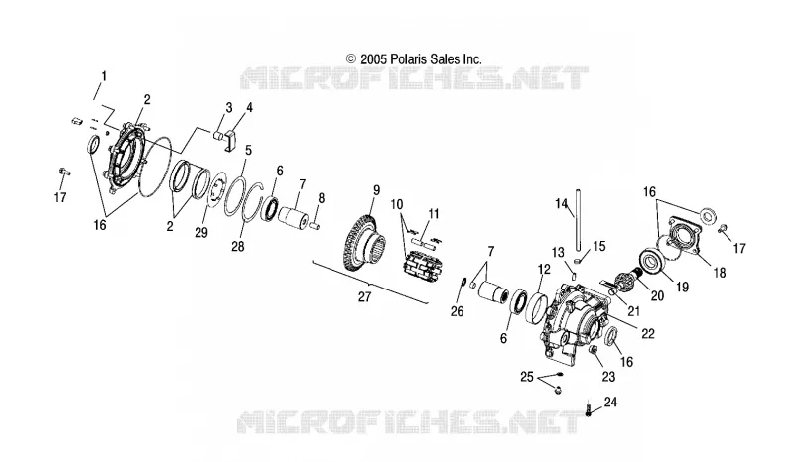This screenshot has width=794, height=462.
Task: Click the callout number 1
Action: point(104,77)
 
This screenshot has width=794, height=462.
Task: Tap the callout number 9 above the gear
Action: point(376,190)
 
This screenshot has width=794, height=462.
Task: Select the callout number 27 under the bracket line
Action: point(364,297)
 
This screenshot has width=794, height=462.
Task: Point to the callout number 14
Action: point(561,204)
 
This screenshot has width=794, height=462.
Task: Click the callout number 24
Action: point(610,403)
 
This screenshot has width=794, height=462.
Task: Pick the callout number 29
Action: point(201,233)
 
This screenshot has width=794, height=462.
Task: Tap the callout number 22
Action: point(648,333)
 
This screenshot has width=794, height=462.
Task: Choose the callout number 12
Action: point(544,269)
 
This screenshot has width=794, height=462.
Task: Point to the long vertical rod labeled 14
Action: point(578,218)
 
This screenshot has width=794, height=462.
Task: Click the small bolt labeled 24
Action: point(589,407)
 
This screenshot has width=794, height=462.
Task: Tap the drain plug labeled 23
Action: point(594,351)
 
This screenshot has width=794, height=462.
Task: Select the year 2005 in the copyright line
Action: point(374,59)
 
